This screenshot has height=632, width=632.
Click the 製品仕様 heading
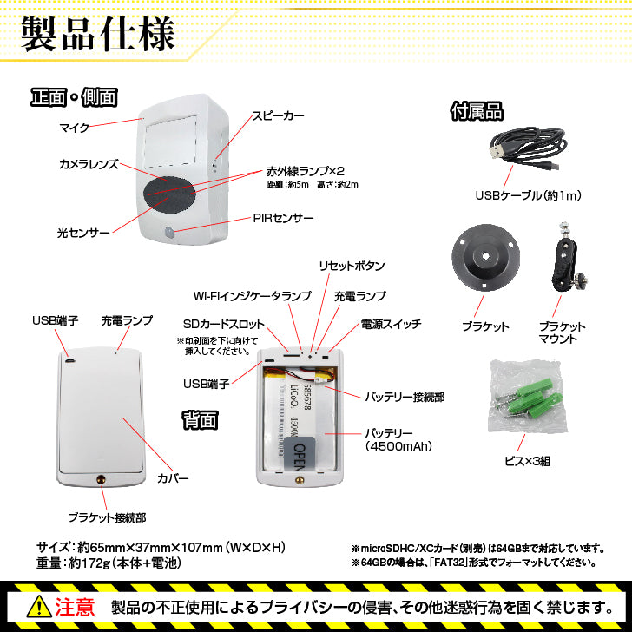pyautogui.click(x=98, y=34)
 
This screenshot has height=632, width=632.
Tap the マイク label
pyautogui.click(x=74, y=128)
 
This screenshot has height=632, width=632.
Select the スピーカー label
pyautogui.click(x=278, y=116)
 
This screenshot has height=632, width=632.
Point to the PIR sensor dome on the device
pyautogui.click(x=169, y=233)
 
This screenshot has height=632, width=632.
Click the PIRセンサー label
pyautogui.click(x=283, y=219)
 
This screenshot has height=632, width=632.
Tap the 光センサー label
pyautogui.click(x=83, y=233)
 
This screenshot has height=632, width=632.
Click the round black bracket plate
pyautogui.click(x=485, y=256)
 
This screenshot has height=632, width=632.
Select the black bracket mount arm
pyautogui.click(x=566, y=257)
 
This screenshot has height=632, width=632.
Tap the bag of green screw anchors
pyautogui.click(x=525, y=397)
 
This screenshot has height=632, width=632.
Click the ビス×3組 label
pyautogui.click(x=527, y=461)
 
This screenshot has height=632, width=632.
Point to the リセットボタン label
pyautogui.click(x=352, y=266)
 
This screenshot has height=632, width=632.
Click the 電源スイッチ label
pyautogui.click(x=391, y=324)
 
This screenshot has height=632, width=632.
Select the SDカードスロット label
pyautogui.click(x=224, y=324)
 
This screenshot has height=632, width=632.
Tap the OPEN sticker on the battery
pyautogui.click(x=299, y=453)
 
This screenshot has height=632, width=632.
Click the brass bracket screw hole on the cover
pyautogui.click(x=101, y=479)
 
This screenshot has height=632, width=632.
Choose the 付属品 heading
pyautogui.click(x=477, y=111)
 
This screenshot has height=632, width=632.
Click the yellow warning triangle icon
pyautogui.click(x=39, y=606)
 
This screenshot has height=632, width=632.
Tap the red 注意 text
pyautogui.click(x=75, y=607)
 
